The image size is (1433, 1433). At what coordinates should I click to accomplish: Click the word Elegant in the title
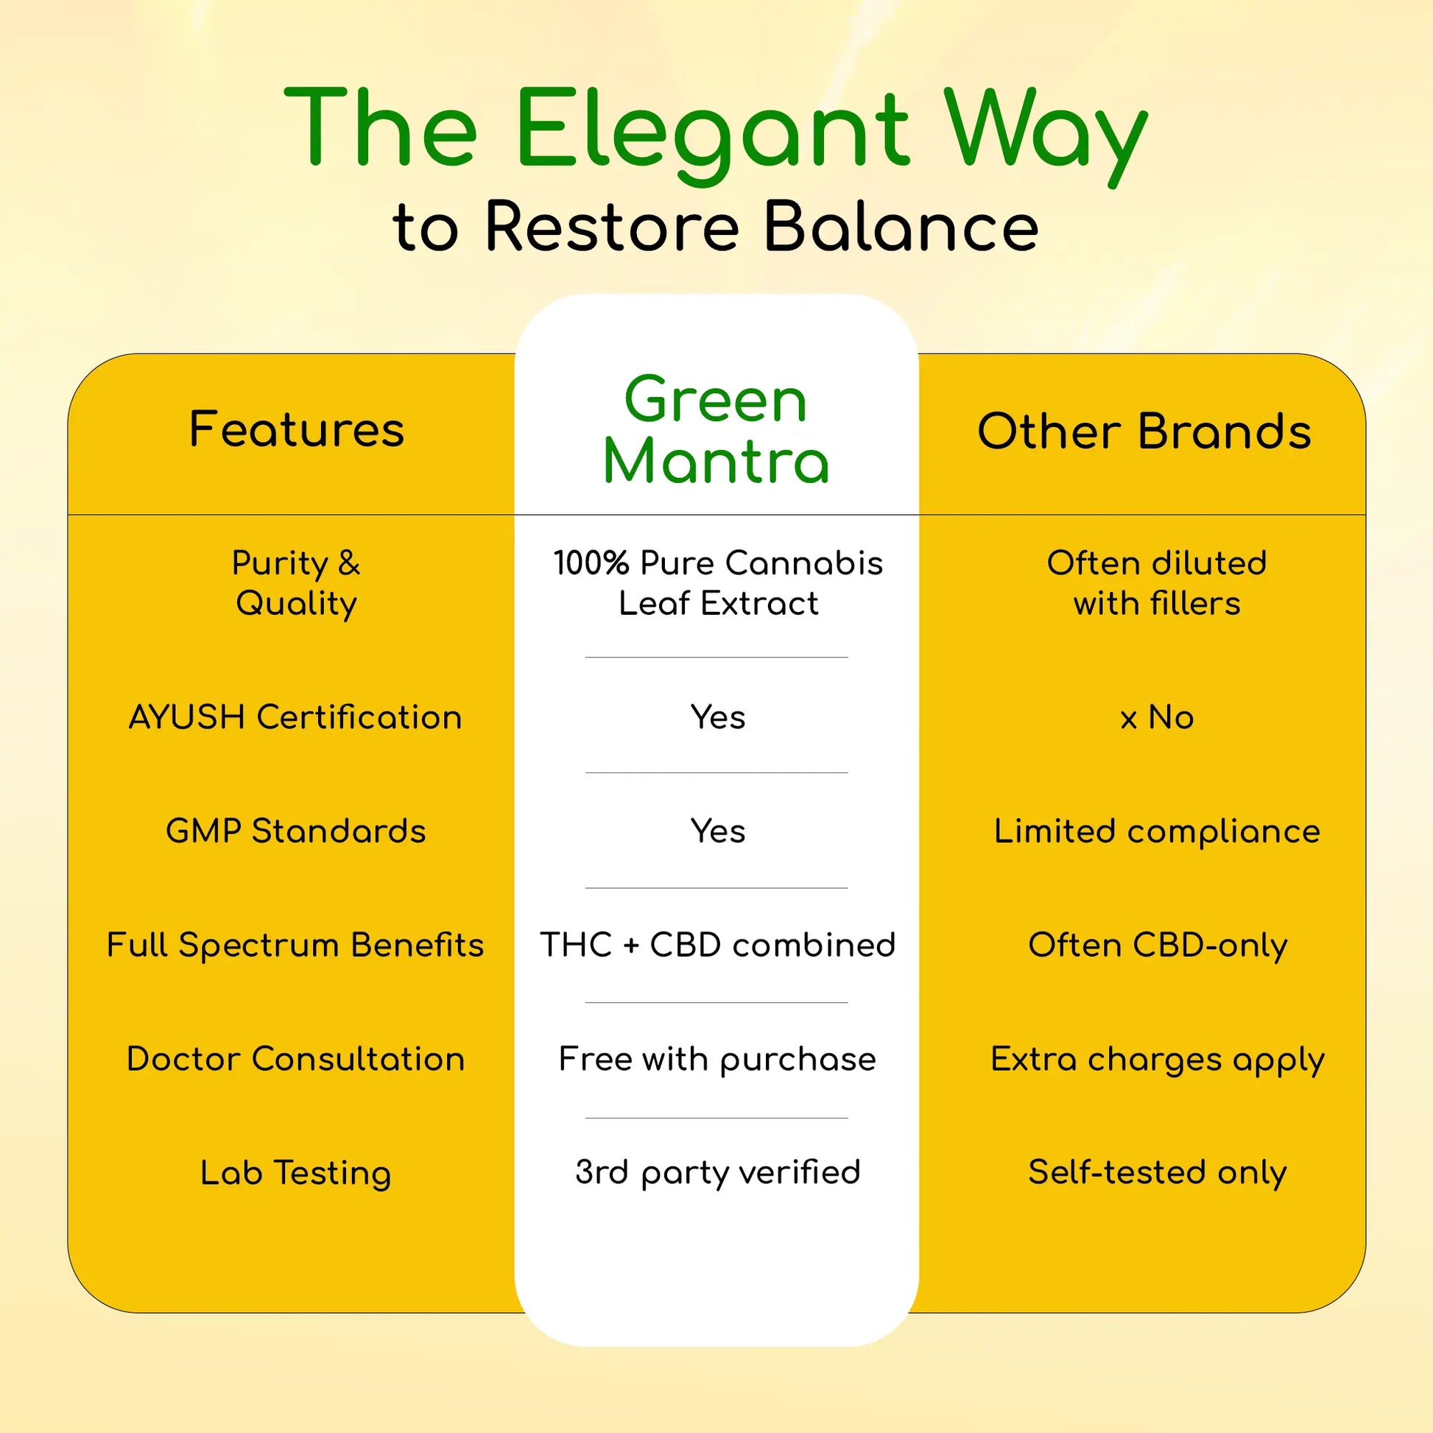click(x=712, y=130)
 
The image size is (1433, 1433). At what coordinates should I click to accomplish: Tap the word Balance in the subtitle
click(x=901, y=226)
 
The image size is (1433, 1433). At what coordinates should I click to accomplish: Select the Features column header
click(x=297, y=429)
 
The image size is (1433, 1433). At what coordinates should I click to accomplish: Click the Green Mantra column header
click(x=716, y=430)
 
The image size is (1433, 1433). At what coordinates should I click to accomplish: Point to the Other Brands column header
click(x=1144, y=432)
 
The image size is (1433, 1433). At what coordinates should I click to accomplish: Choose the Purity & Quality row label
click(x=296, y=583)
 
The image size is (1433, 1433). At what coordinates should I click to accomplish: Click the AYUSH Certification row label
click(x=295, y=717)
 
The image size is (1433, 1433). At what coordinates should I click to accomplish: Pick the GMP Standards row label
click(x=295, y=831)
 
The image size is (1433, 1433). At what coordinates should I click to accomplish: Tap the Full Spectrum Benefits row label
click(x=295, y=945)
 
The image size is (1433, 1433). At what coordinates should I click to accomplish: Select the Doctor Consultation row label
click(x=295, y=1058)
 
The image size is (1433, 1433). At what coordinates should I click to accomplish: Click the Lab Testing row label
click(x=295, y=1172)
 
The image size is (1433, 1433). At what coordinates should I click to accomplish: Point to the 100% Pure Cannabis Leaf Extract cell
click(x=718, y=583)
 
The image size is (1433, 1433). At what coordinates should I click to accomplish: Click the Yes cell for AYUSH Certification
click(x=718, y=717)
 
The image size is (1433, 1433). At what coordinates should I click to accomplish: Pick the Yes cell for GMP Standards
click(x=718, y=831)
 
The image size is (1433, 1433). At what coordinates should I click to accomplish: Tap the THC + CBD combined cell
click(x=718, y=945)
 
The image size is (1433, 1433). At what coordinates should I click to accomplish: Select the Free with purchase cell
click(x=718, y=1058)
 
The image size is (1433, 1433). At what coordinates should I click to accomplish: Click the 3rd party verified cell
click(x=718, y=1172)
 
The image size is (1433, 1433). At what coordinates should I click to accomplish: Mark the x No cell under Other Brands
click(x=1157, y=717)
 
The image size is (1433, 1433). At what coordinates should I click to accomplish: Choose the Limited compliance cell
click(x=1157, y=831)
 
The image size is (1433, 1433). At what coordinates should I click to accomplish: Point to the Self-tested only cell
click(x=1157, y=1172)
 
